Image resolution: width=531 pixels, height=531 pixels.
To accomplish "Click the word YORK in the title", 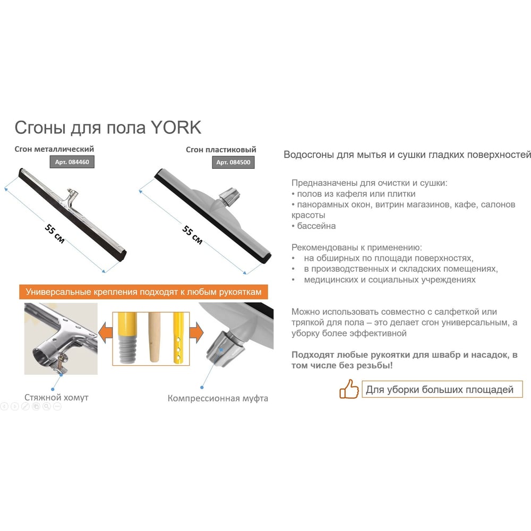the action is tap(176, 127).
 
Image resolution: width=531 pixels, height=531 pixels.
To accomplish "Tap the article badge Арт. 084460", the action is tap(72, 162).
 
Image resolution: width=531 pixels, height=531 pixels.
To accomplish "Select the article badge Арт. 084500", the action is tap(233, 162).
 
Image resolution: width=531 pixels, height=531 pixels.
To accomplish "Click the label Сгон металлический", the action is tap(54, 149).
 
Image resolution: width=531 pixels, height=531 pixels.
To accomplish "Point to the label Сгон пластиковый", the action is tap(221, 149).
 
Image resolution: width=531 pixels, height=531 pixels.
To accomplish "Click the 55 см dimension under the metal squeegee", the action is tap(55, 234).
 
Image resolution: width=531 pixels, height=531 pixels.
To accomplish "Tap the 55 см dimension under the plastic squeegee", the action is tap(192, 235).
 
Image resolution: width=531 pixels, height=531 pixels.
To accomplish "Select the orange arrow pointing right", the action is tap(196, 332).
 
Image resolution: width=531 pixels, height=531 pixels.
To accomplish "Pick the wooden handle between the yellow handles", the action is tap(155, 338).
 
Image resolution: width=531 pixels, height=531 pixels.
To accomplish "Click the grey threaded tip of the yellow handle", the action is tap(127, 349).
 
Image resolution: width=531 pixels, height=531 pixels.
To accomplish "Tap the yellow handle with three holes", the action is tap(178, 339).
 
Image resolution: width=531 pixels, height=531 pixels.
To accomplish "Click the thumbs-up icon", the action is tap(349, 389).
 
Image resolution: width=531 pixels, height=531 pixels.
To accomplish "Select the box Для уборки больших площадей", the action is tap(442, 389).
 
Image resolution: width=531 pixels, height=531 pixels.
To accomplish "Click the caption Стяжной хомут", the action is tap(56, 397).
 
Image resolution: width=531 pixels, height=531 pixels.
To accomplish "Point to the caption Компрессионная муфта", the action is tap(218, 398).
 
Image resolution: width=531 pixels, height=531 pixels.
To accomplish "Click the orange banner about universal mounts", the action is tap(143, 292).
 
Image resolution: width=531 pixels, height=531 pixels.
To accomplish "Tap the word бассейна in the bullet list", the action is tap(316, 226).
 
